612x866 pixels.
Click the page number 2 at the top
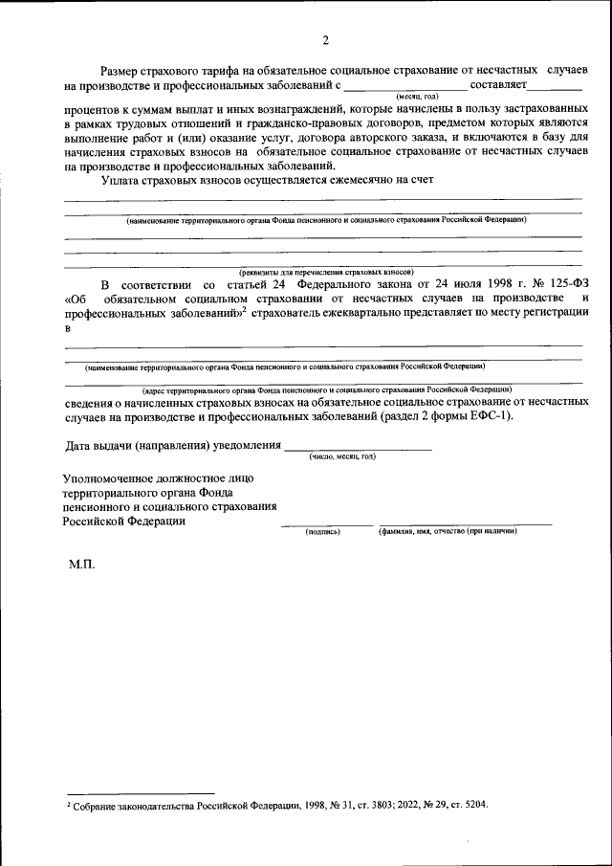coord(324,40)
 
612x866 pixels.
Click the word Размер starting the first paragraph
coord(127,72)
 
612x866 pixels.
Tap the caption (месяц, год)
coord(417,97)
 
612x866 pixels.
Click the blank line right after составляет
coord(556,88)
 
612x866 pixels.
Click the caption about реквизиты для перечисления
coord(326,272)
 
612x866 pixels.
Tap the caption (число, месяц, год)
coord(342,457)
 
